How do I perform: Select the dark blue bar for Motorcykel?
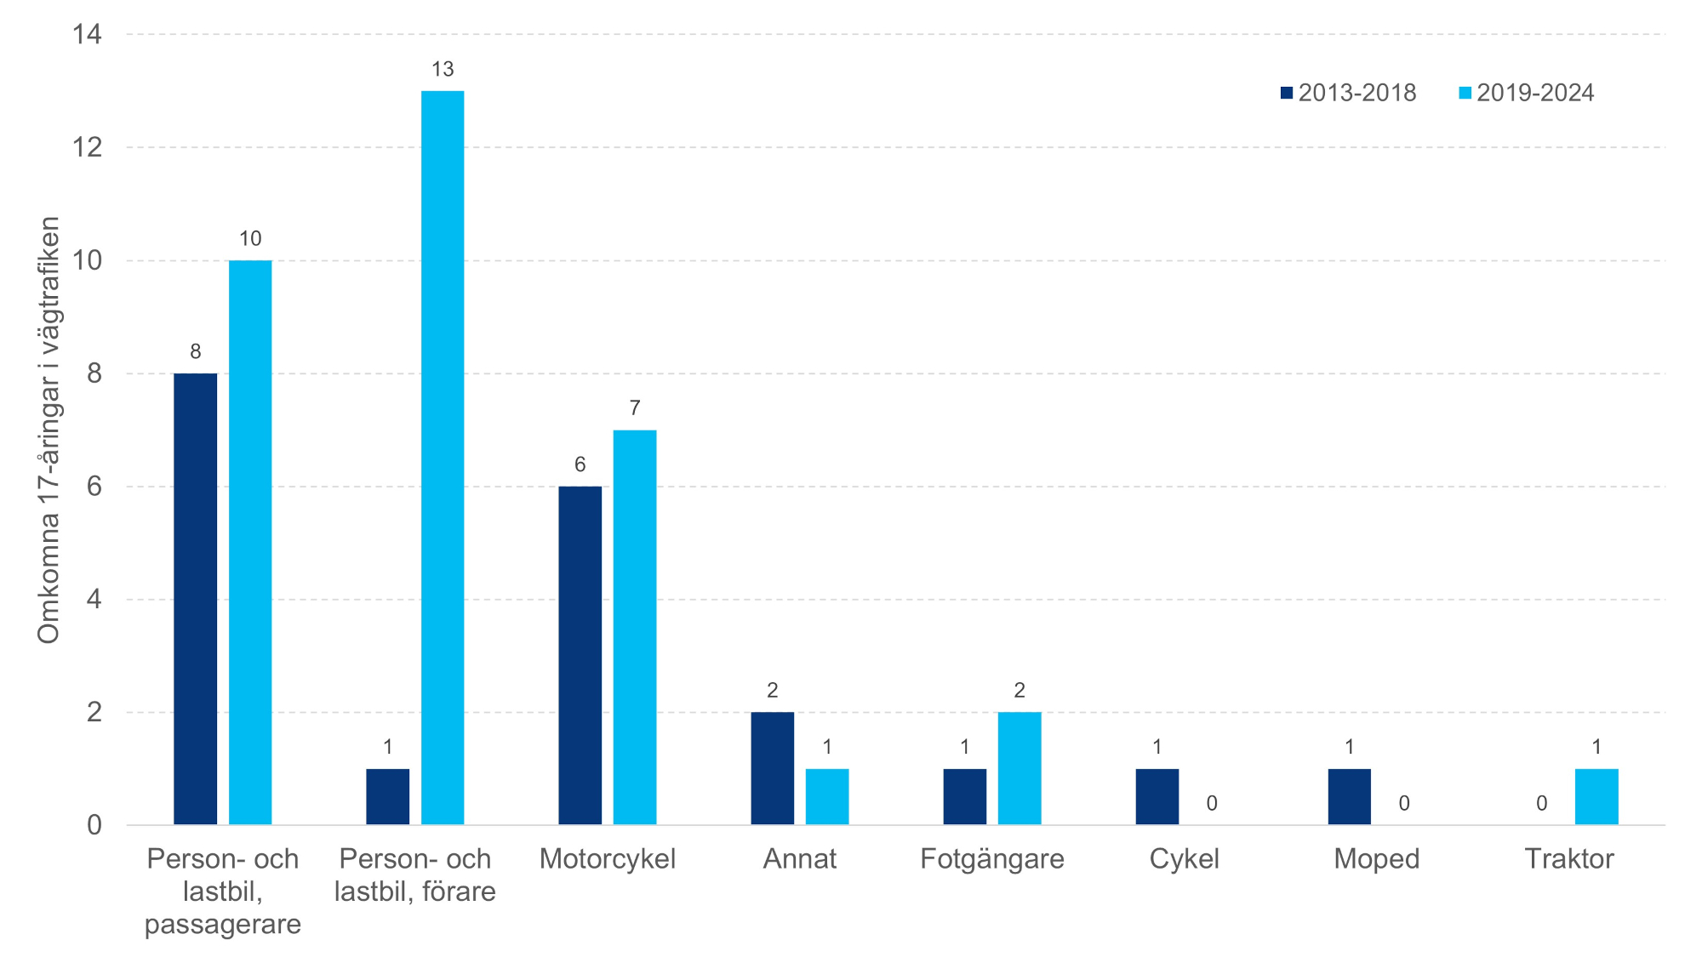coord(580,655)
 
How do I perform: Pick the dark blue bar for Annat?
coord(772,768)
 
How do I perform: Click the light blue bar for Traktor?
coord(1596,796)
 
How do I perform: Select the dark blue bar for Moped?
coord(1349,796)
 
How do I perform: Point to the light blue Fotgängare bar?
coord(1019,768)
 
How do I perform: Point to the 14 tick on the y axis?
coord(87,34)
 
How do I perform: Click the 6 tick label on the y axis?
coord(94,487)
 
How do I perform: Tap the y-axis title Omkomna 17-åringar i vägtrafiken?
coord(49,430)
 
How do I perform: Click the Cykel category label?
coord(1184,858)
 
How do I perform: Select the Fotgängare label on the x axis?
coord(991,858)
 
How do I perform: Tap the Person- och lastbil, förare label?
coord(415,874)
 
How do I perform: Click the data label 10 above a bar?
coord(250,238)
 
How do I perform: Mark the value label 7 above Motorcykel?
coord(635,408)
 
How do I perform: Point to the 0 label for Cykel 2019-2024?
coord(1212,803)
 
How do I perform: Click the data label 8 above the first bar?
coord(196,351)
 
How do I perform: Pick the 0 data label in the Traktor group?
coord(1541,803)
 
